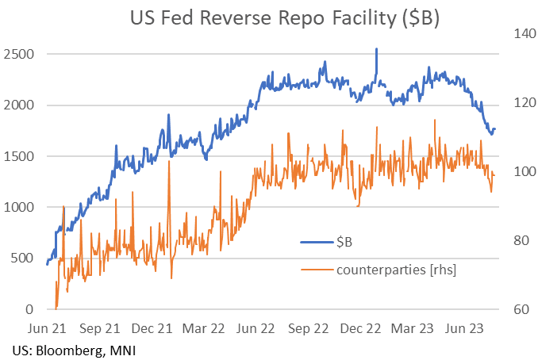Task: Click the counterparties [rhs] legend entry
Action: [396, 269]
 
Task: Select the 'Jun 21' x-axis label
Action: [49, 327]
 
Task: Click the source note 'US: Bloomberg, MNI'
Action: [67, 350]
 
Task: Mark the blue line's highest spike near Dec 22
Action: [376, 49]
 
